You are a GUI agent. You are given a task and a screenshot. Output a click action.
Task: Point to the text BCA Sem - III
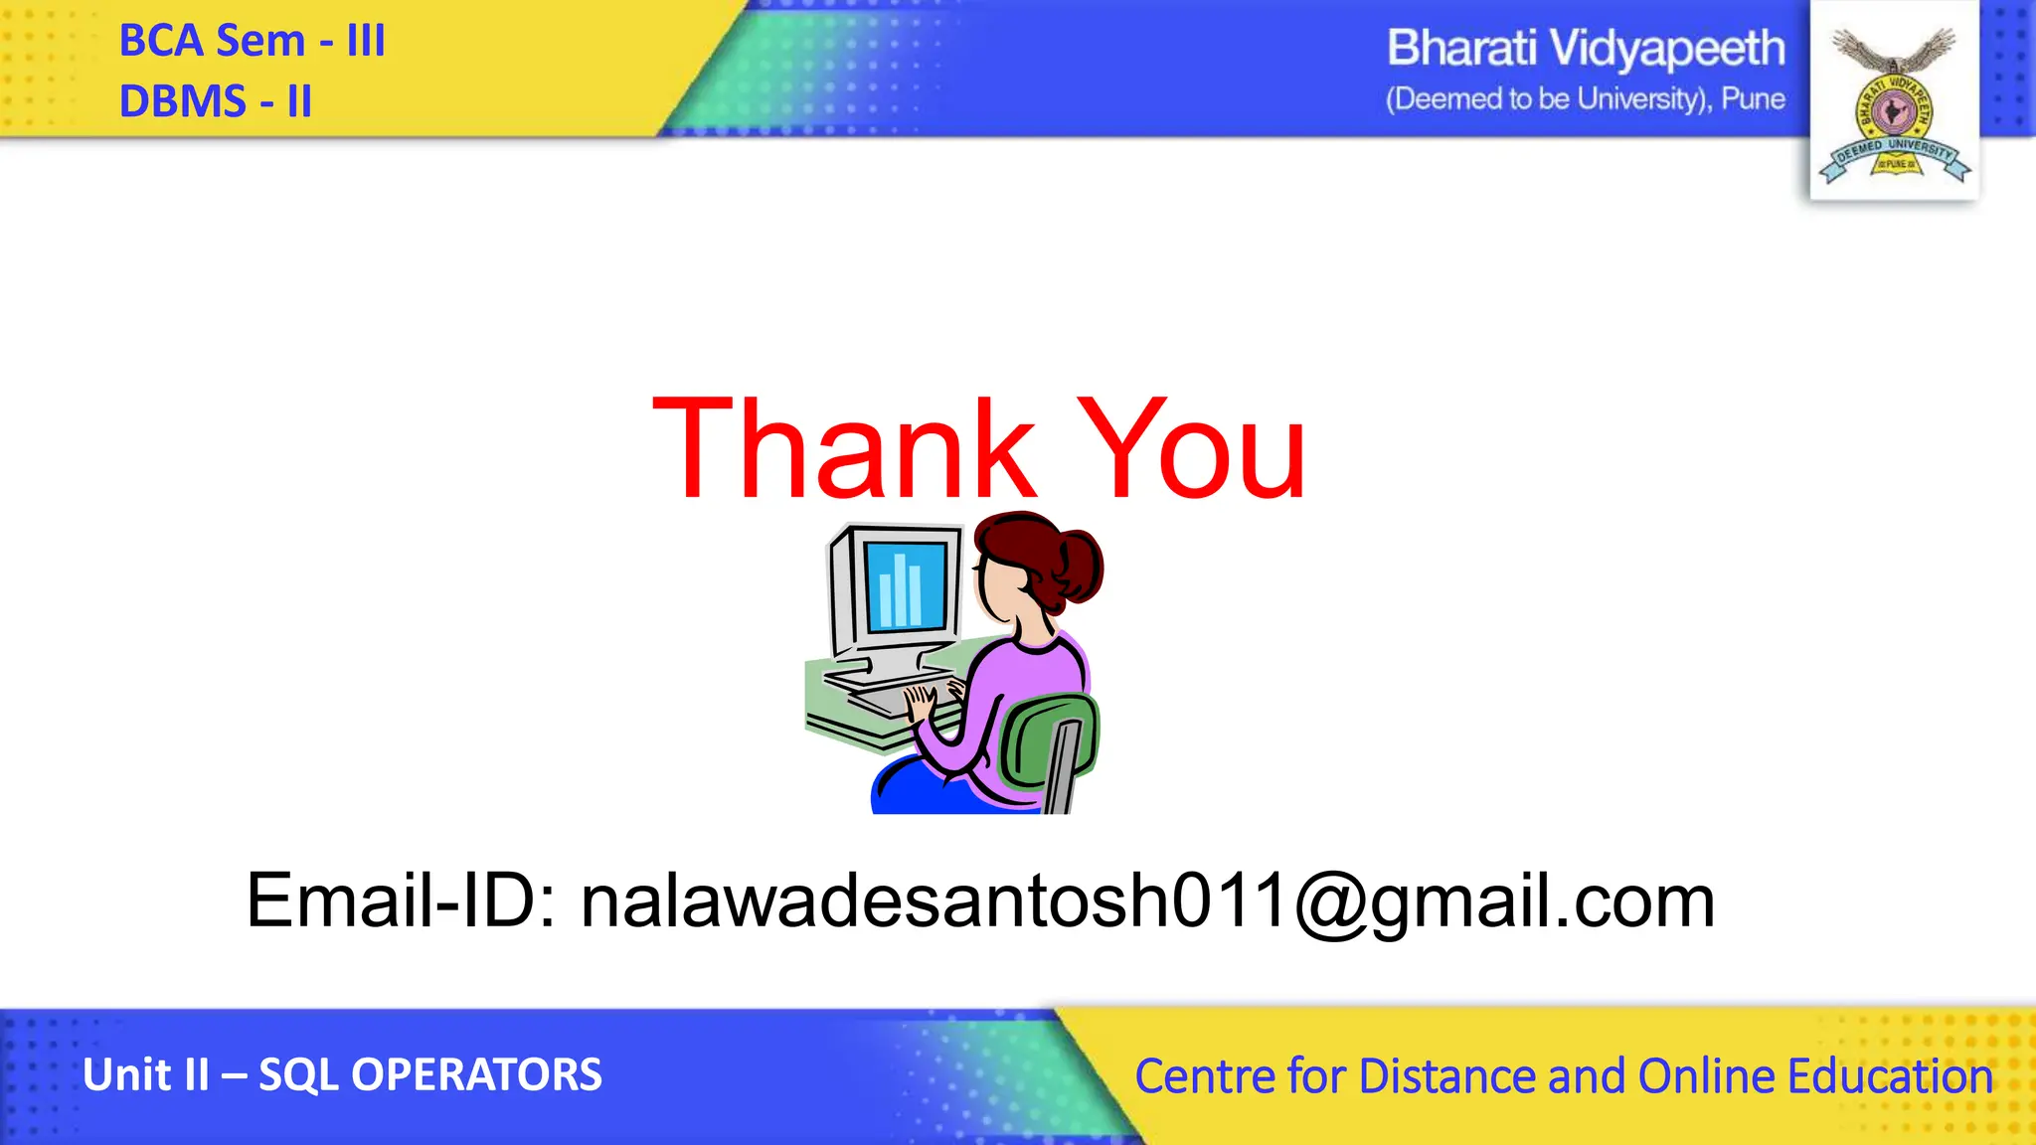click(252, 42)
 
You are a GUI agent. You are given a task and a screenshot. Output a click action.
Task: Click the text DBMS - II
click(216, 101)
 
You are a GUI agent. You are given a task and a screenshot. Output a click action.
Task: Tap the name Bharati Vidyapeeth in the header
click(1586, 48)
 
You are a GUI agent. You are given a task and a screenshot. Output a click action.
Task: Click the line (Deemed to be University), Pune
click(1586, 99)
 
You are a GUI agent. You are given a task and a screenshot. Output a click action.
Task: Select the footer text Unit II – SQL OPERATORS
click(342, 1074)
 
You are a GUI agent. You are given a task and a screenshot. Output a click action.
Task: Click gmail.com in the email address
click(1542, 903)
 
